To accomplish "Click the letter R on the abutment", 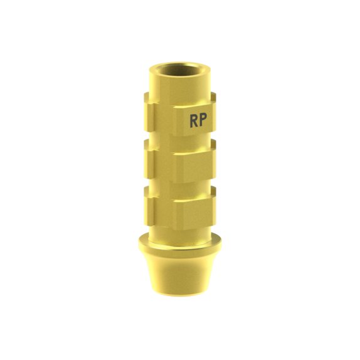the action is coord(194,121).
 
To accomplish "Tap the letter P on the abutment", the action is coord(203,120).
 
